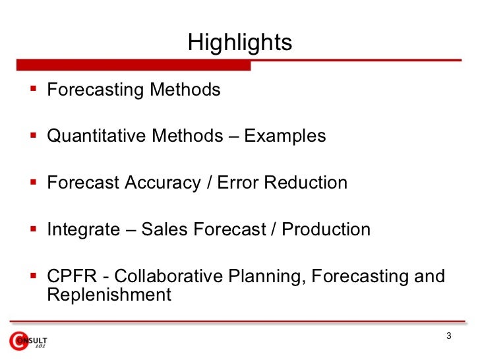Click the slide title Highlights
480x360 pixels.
[239, 43]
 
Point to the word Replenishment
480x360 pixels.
[109, 295]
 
